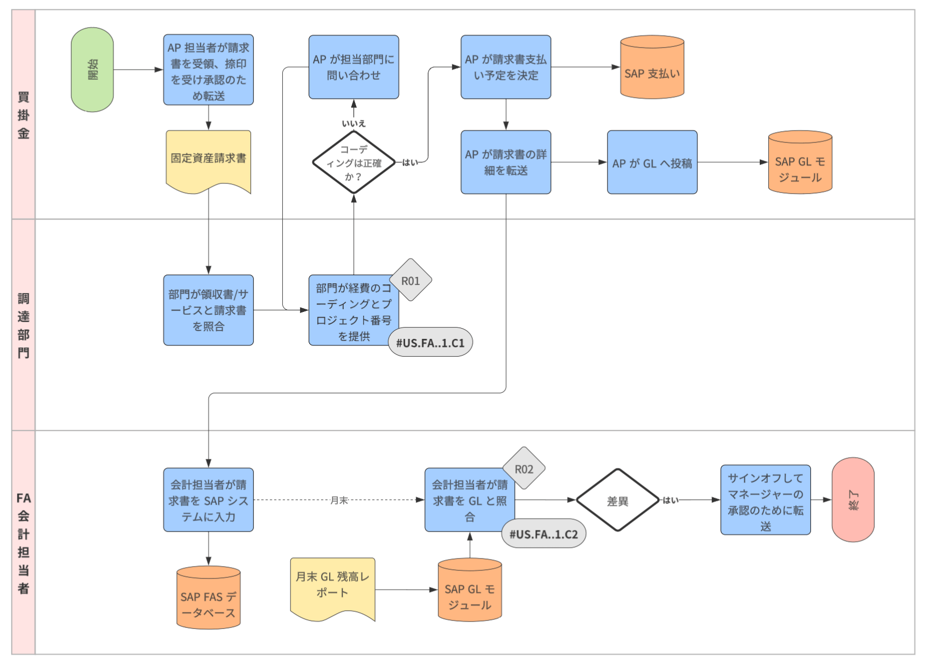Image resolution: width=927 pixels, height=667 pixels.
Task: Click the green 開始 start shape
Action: [92, 70]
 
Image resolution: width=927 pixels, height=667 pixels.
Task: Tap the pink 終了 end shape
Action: [853, 500]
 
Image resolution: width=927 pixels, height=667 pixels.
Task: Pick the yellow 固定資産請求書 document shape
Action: [208, 159]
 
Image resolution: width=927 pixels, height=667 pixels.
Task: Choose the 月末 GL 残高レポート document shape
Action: [332, 586]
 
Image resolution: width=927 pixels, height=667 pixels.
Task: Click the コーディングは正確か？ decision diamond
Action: [354, 162]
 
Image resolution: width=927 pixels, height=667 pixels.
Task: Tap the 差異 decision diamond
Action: [618, 500]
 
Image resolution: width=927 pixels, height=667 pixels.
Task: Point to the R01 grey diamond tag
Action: [411, 281]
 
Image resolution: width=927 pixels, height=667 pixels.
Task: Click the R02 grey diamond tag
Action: [523, 469]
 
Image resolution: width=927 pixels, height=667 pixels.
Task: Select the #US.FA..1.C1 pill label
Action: [430, 343]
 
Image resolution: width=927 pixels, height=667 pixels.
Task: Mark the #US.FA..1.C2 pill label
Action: [543, 534]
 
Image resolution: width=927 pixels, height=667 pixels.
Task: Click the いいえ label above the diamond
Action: [354, 124]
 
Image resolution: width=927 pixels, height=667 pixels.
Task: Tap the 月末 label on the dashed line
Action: [339, 500]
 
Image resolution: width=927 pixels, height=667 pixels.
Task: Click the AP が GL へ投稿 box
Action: [652, 162]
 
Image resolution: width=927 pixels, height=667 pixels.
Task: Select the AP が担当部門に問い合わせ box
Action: [354, 67]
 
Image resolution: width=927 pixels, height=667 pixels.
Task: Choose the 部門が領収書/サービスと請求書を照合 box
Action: [208, 310]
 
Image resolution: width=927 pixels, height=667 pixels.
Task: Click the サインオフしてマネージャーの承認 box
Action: [765, 500]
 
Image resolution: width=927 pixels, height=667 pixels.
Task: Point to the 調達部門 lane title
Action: [23, 325]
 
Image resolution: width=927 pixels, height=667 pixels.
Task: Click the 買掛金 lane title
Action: [23, 115]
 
